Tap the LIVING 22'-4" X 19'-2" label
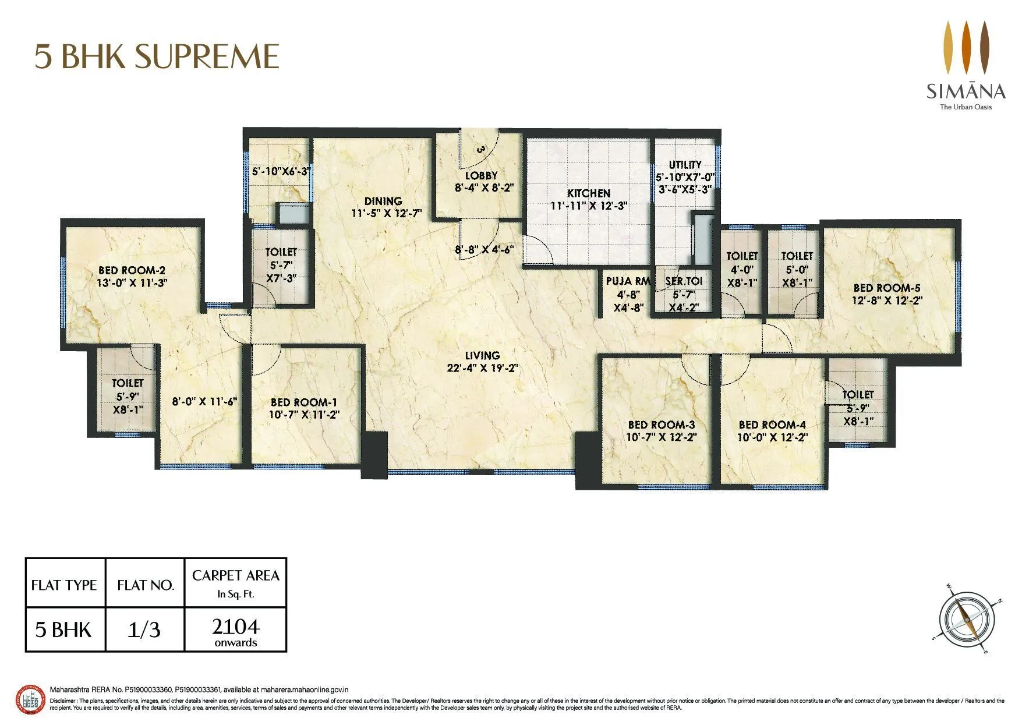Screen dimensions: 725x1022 482,362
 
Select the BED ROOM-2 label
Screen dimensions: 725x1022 132,270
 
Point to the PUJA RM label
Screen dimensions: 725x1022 628,281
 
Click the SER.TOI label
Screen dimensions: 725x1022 684,281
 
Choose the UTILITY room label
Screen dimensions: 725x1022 685,165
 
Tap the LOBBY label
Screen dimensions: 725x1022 481,175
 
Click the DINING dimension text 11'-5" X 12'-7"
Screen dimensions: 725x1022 383,214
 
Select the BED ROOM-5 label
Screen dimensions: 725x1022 886,288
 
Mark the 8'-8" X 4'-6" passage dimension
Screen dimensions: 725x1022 485,250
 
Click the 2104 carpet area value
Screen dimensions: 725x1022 235,627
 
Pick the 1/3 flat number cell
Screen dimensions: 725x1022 144,629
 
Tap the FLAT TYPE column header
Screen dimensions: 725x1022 64,585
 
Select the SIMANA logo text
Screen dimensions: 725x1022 966,91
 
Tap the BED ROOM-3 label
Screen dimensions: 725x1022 661,425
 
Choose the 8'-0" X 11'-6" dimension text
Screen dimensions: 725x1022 204,401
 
